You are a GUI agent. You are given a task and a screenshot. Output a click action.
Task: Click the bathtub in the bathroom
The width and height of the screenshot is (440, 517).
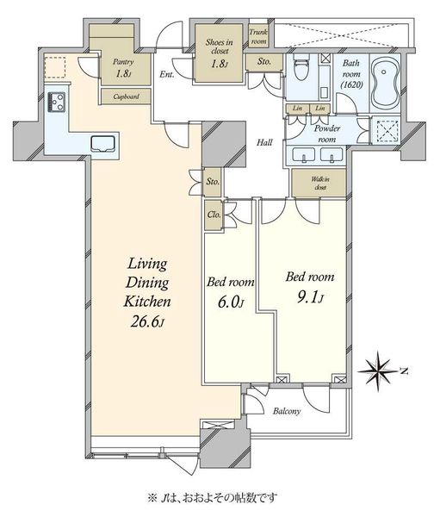click(384, 83)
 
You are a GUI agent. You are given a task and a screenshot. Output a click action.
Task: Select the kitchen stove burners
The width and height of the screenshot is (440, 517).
click(56, 102)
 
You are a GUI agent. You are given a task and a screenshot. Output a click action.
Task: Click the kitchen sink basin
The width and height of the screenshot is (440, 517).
click(103, 144)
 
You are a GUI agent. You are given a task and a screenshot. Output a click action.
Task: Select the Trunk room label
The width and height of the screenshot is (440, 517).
click(258, 36)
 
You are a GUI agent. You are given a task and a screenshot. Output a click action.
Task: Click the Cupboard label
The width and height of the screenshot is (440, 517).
click(126, 97)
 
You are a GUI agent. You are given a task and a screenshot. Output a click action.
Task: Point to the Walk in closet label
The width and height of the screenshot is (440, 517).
click(320, 184)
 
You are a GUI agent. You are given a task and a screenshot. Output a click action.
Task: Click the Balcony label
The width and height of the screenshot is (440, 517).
click(287, 411)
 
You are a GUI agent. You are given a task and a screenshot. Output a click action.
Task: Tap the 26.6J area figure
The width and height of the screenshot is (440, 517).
click(147, 321)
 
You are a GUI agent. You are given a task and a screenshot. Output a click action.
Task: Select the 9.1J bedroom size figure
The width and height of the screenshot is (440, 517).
click(310, 298)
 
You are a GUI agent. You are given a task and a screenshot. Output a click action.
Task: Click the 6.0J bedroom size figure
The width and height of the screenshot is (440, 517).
click(231, 302)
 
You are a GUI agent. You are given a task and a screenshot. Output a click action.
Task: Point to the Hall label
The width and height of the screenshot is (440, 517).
click(264, 142)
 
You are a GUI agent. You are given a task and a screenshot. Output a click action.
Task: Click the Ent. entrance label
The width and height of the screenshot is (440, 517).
click(167, 74)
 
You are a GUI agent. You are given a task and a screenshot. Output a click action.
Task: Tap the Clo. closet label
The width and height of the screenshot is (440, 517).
click(214, 215)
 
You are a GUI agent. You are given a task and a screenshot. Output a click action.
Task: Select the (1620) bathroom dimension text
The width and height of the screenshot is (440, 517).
click(351, 84)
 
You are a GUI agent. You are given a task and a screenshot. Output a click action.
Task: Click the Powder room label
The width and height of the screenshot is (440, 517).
click(327, 134)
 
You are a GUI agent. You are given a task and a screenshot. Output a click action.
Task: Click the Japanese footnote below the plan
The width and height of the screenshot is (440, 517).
click(213, 497)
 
